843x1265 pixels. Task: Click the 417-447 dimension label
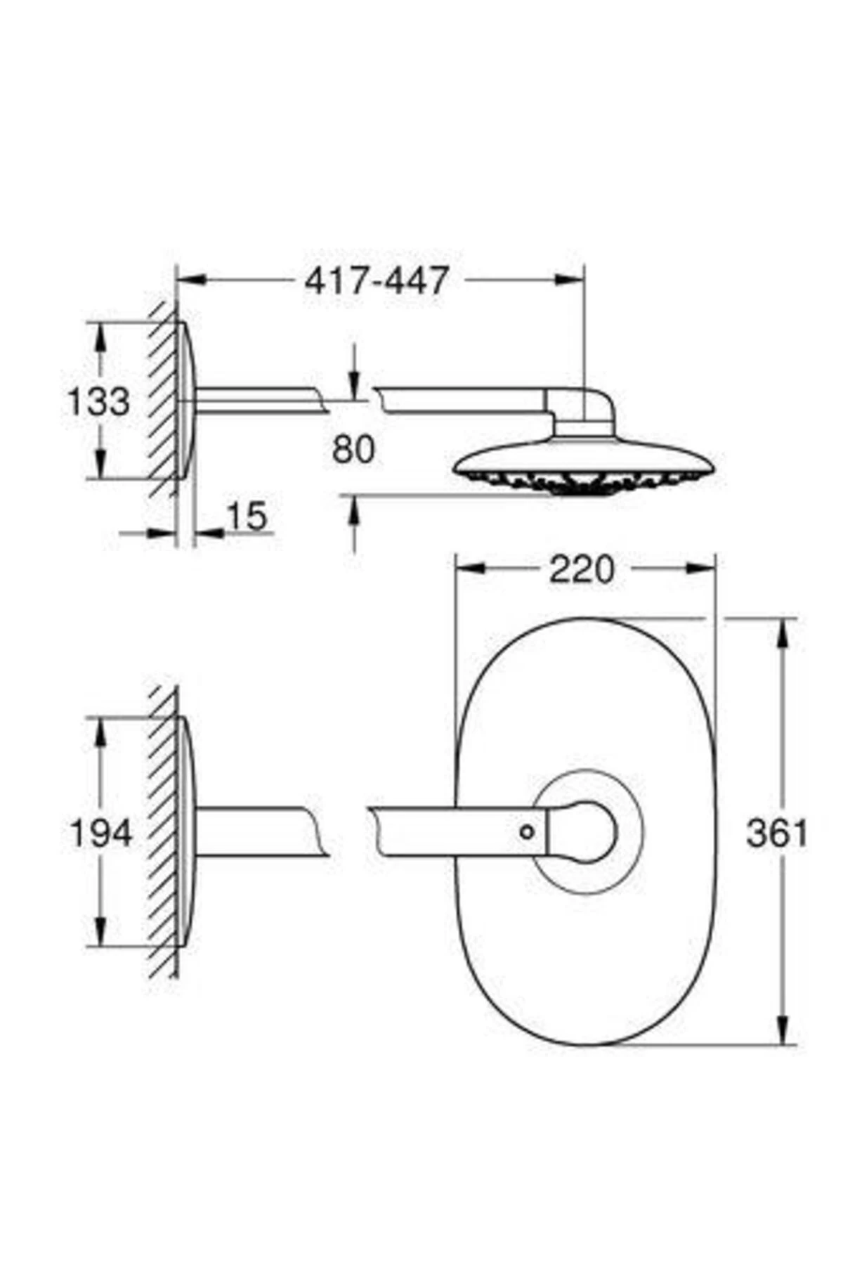pos(376,281)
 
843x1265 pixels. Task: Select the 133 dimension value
pos(98,402)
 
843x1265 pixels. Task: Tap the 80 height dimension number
pos(353,450)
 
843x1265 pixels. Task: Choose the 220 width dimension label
pos(582,569)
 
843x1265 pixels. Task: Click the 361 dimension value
pos(777,833)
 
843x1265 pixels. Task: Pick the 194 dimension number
pos(101,834)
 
